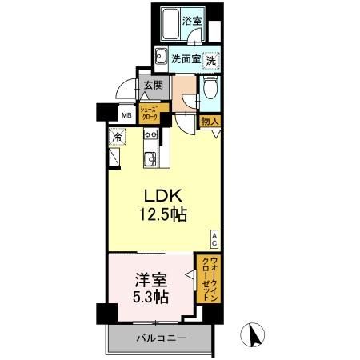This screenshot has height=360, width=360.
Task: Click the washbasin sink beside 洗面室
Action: point(161,57)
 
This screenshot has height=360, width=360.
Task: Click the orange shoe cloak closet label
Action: point(151,113)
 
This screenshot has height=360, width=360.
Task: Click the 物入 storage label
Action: point(210,121)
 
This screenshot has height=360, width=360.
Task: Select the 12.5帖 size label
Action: point(165,216)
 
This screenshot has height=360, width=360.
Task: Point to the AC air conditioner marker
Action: point(214,236)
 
